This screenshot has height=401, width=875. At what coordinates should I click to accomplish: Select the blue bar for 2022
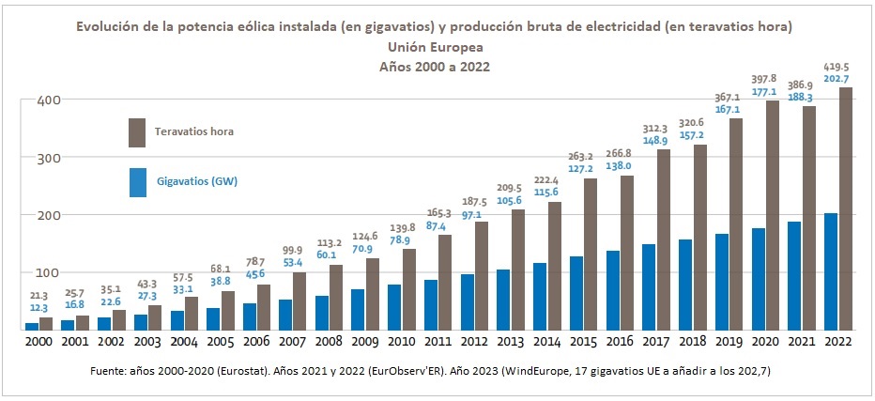[x=830, y=271]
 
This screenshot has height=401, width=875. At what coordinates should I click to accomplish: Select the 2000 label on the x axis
[x=38, y=343]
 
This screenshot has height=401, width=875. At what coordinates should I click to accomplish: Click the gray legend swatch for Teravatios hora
[x=136, y=131]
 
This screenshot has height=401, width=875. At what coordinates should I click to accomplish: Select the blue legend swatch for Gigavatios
[x=136, y=181]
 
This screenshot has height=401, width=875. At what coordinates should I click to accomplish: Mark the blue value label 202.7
[x=837, y=80]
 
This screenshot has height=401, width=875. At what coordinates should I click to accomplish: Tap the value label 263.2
[x=582, y=157]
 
